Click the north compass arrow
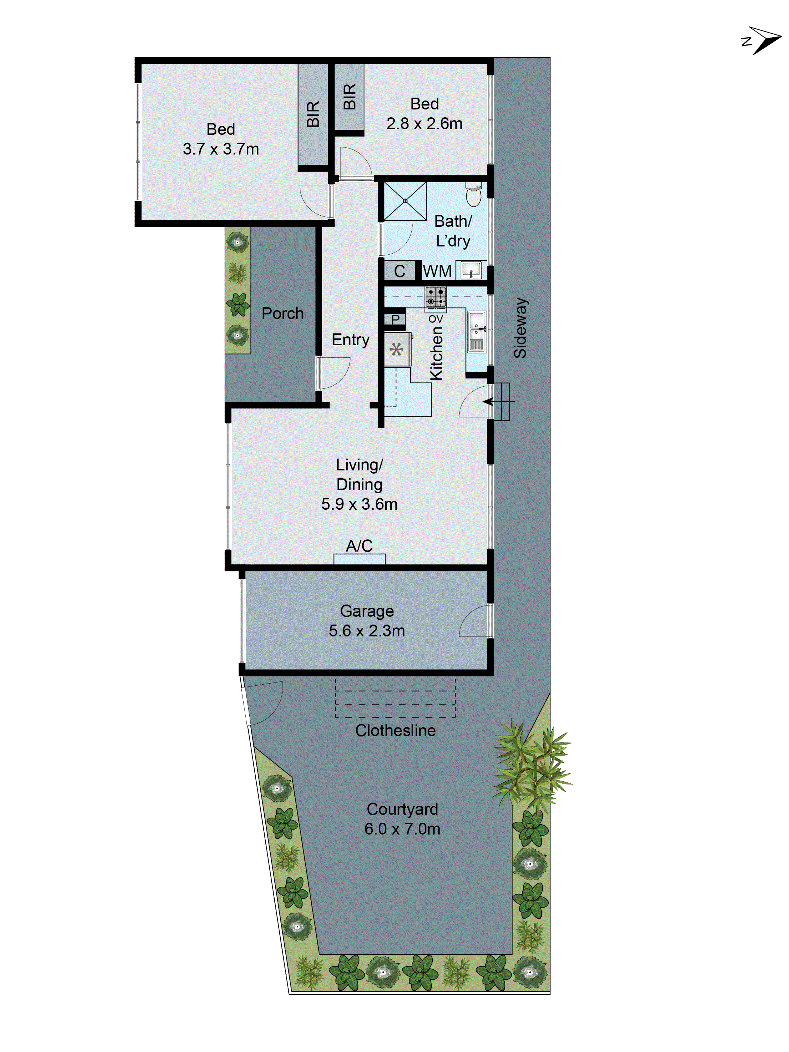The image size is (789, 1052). [x=762, y=41]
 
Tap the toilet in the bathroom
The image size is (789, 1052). [x=473, y=195]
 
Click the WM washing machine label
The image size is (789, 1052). [x=437, y=271]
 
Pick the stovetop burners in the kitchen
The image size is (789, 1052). [x=435, y=297]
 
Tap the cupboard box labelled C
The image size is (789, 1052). [x=399, y=271]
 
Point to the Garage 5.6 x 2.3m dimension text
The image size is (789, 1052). [x=367, y=631]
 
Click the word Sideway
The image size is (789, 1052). [x=520, y=328]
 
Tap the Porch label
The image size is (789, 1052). [x=282, y=313]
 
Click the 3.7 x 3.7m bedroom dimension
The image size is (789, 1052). [x=221, y=149]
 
